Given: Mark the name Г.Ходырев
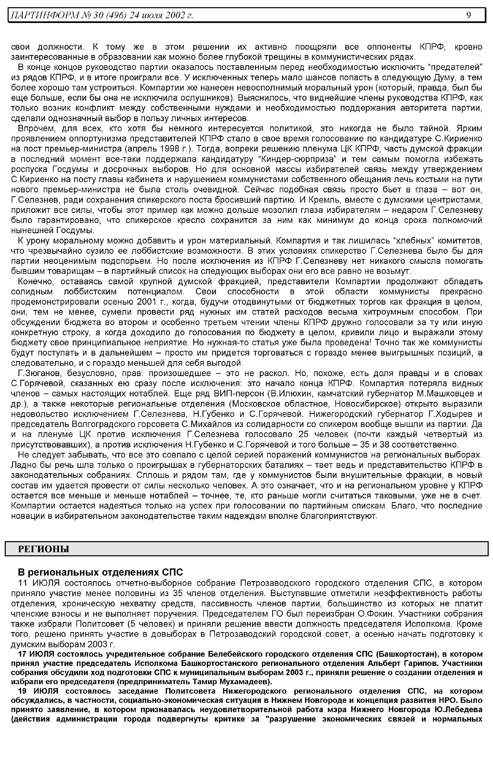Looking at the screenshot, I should click(x=447, y=414).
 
